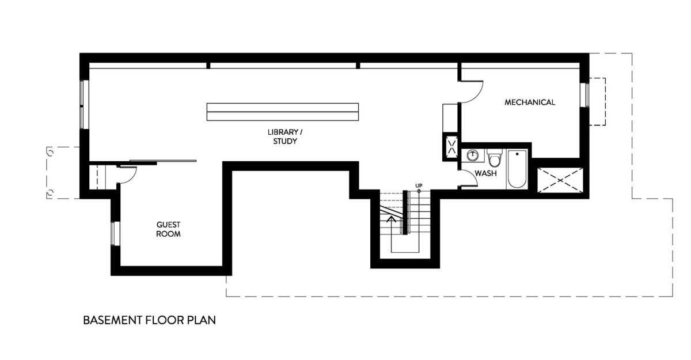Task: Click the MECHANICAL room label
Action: [530, 103]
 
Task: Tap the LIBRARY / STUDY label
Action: [285, 137]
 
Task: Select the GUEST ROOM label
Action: [168, 229]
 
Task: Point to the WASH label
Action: [485, 173]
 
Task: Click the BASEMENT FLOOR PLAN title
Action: [150, 320]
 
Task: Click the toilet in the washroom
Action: [495, 158]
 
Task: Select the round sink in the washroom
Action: [472, 155]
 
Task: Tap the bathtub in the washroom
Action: [517, 169]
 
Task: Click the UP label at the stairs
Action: [419, 185]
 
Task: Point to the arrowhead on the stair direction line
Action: [392, 218]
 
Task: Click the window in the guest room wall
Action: [115, 234]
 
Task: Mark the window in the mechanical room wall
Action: [584, 95]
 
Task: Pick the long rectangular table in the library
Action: [283, 112]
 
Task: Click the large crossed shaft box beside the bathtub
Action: [560, 180]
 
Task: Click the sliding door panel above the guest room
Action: [163, 161]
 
